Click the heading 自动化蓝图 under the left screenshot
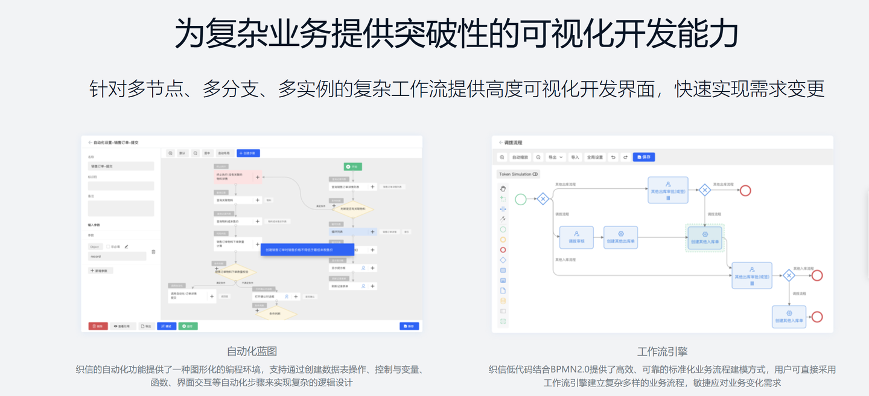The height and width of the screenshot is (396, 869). pyautogui.click(x=252, y=351)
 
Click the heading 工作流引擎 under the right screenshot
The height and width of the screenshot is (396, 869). pyautogui.click(x=662, y=351)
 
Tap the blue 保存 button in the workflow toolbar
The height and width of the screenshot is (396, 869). pyautogui.click(x=644, y=157)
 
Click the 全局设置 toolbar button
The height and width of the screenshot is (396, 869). pyautogui.click(x=595, y=157)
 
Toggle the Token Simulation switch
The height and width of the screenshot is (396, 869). pyautogui.click(x=535, y=174)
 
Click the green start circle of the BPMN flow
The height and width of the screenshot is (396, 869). pyautogui.click(x=521, y=199)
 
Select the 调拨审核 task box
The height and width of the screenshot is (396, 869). pyautogui.click(x=576, y=237)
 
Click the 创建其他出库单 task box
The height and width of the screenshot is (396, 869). pyautogui.click(x=621, y=237)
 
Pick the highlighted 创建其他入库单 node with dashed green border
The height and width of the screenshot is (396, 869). pyautogui.click(x=705, y=237)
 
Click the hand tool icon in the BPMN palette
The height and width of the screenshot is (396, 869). pyautogui.click(x=503, y=188)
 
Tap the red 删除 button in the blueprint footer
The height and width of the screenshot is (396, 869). pyautogui.click(x=98, y=326)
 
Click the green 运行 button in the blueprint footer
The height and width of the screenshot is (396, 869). pyautogui.click(x=188, y=326)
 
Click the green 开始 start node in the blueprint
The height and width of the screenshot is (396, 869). pyautogui.click(x=352, y=166)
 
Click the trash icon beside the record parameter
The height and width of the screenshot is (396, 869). pyautogui.click(x=153, y=252)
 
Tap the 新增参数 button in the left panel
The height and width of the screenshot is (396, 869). pyautogui.click(x=101, y=271)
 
